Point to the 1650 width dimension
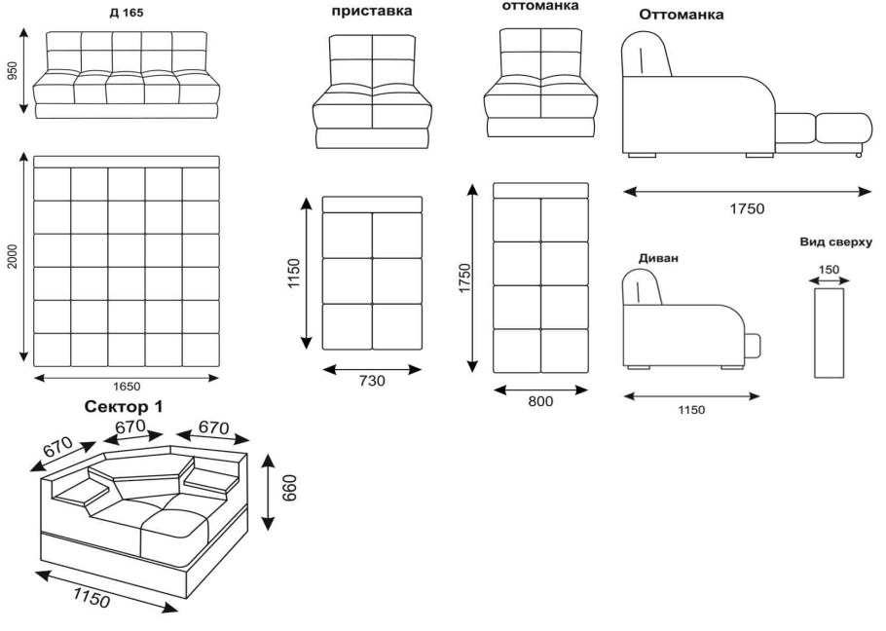pos(127,388)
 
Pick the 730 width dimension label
pos(371,382)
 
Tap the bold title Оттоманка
pos(682,16)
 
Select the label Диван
pos(658,259)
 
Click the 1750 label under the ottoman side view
pos(747,208)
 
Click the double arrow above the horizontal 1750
pos(747,192)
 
